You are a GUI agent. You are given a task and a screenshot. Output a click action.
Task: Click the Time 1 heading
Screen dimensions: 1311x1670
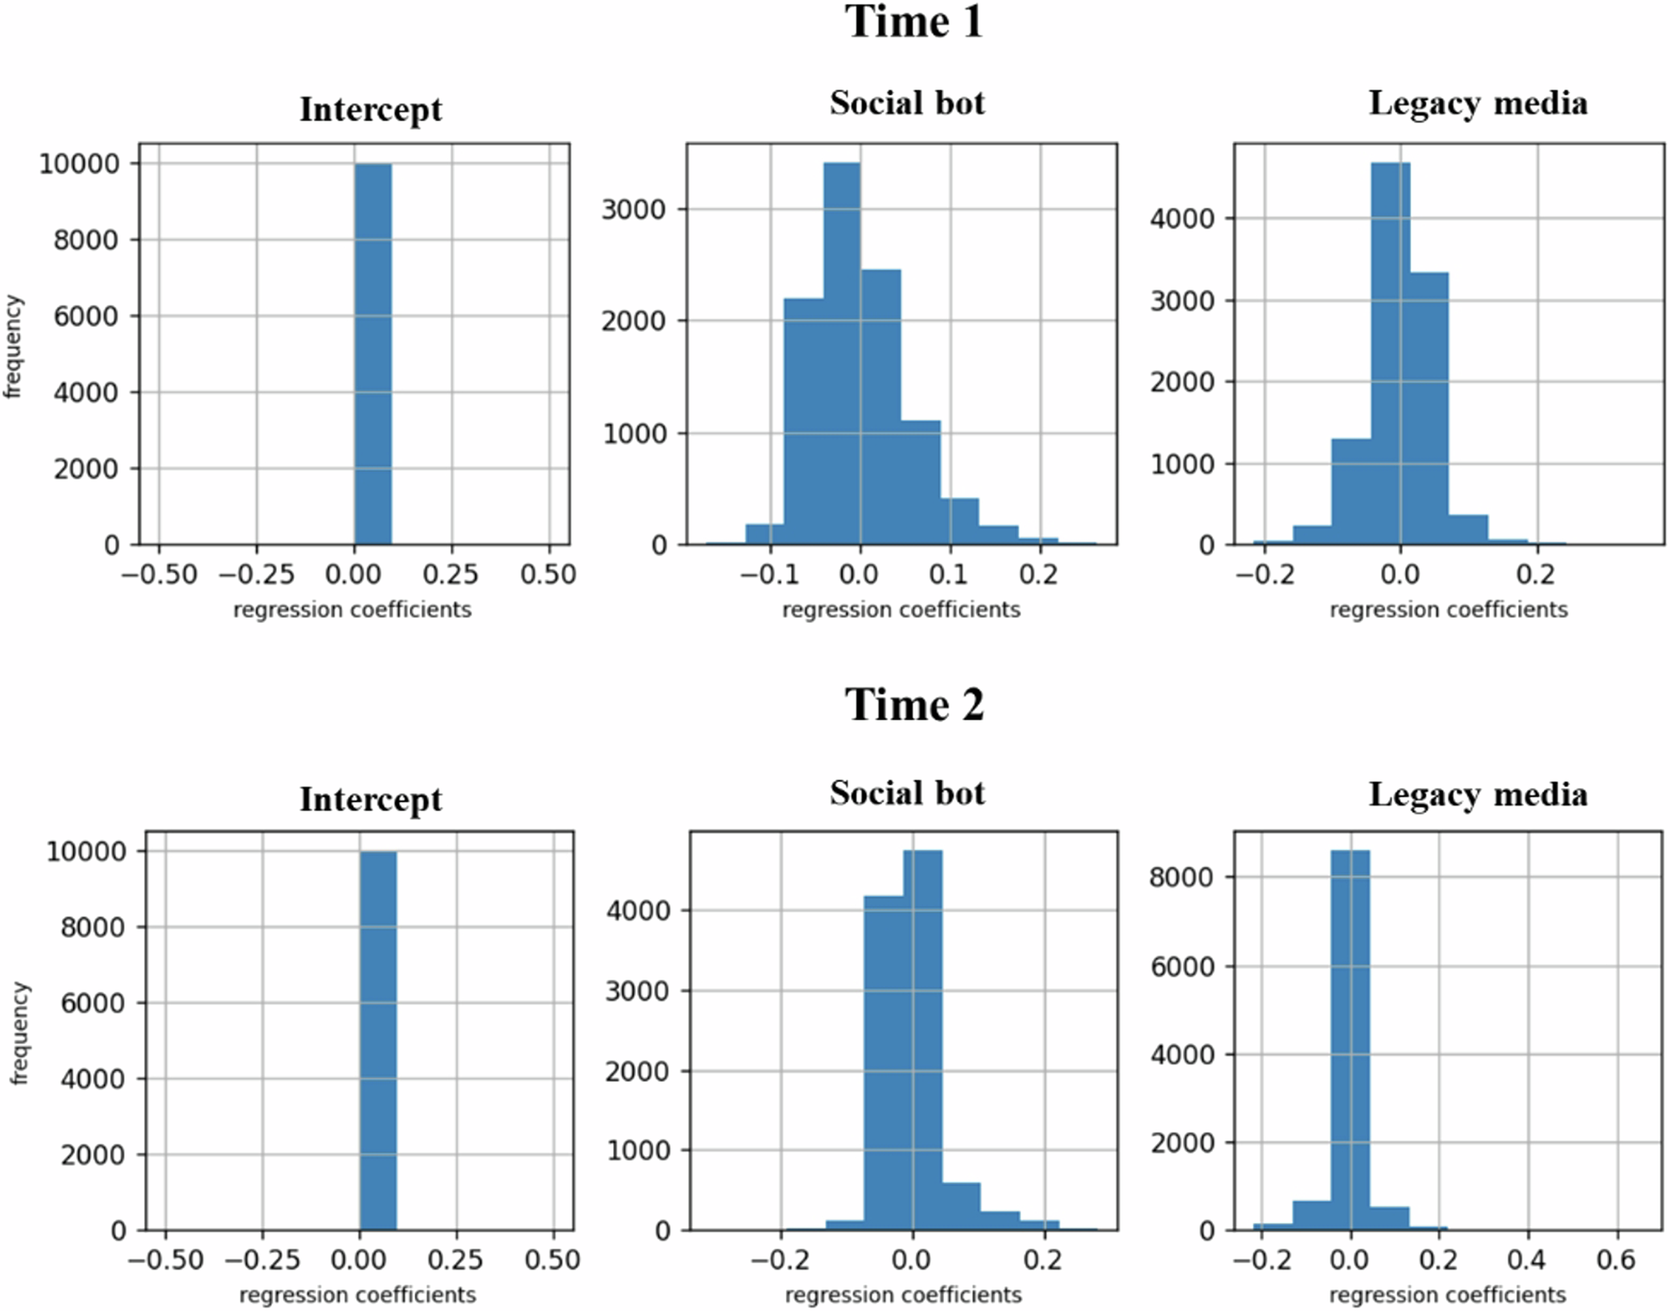[x=913, y=22]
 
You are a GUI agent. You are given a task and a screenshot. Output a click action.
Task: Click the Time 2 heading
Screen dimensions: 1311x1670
[x=913, y=705]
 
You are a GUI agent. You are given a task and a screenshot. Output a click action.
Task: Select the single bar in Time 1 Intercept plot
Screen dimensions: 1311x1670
[x=373, y=354]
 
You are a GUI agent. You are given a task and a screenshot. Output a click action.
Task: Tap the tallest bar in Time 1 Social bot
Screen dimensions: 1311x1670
[x=842, y=354]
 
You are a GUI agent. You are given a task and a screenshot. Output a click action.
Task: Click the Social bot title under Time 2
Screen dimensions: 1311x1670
[x=907, y=794]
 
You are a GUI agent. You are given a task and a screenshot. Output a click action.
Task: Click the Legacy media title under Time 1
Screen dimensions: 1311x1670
[x=1478, y=104]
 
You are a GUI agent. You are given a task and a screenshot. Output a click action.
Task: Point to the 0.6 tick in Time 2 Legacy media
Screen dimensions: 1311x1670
[x=1615, y=1259]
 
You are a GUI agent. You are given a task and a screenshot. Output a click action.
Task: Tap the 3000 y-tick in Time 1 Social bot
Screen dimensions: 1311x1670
[x=633, y=210]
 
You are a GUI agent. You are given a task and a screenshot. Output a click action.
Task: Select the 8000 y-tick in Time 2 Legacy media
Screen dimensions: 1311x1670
[x=1181, y=877]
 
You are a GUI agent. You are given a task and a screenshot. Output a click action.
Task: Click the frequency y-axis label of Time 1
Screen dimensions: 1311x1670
[x=13, y=346]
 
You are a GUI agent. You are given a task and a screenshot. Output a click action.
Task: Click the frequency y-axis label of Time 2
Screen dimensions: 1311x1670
[x=19, y=1033]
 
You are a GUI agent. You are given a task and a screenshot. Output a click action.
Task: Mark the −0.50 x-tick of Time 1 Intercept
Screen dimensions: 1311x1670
[x=159, y=575]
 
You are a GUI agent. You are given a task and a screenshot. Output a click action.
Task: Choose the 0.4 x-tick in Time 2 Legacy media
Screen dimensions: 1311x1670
[x=1526, y=1259]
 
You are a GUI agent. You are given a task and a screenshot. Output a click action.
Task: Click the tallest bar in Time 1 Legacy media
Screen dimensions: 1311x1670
[x=1390, y=354]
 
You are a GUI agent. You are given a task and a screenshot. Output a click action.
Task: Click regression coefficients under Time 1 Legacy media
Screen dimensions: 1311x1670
[x=1448, y=610]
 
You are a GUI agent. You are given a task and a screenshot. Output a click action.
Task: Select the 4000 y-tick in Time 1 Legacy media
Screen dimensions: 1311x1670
[x=1181, y=219]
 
